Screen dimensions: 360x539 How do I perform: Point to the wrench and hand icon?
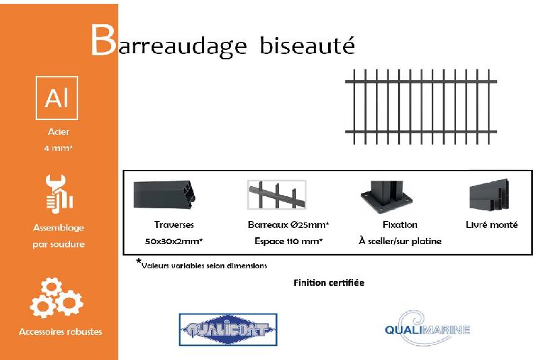click(58, 193)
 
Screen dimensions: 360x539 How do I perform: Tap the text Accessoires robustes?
click(61, 332)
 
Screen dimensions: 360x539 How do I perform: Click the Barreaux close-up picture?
click(277, 197)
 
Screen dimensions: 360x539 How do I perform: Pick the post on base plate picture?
click(385, 197)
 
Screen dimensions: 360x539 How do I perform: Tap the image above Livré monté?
click(488, 197)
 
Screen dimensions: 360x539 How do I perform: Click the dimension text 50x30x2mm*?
click(174, 241)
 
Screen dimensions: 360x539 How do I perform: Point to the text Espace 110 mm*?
click(288, 241)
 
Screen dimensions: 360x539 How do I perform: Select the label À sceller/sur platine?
click(400, 241)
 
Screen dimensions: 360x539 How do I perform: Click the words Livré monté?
click(492, 224)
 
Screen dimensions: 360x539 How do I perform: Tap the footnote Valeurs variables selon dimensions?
click(204, 266)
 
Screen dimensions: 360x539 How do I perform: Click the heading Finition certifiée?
click(329, 282)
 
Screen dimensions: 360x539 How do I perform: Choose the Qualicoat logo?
click(228, 330)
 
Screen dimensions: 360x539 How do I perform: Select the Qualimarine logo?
click(426, 329)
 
